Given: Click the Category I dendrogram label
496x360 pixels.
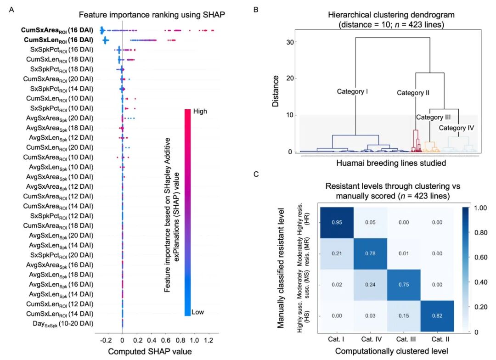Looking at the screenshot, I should click(353, 91).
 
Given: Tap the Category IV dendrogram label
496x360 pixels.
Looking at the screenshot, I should click(456, 128).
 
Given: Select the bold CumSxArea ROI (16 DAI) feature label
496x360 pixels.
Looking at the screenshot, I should click(56, 30).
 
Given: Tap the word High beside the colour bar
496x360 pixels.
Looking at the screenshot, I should click(199, 111).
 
